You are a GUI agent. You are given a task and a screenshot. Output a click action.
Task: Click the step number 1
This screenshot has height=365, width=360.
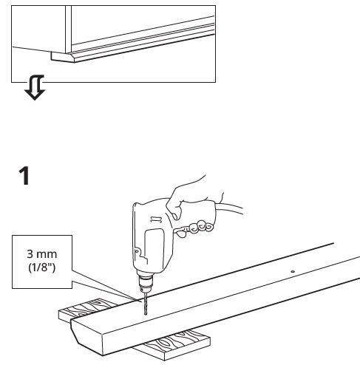click(x=24, y=176)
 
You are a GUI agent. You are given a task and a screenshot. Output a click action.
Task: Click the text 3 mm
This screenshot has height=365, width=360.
click(x=41, y=254)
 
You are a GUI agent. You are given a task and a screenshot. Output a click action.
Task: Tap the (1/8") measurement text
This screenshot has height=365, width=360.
click(x=41, y=267)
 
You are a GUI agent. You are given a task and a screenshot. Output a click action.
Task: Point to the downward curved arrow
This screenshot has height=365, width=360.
click(x=35, y=88)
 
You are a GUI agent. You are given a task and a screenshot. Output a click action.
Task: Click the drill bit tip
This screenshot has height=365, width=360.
click(x=146, y=314)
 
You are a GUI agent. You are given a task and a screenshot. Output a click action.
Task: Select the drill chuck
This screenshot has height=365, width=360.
click(x=146, y=282)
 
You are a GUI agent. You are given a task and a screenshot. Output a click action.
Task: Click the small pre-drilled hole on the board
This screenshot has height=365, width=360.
click(x=293, y=272)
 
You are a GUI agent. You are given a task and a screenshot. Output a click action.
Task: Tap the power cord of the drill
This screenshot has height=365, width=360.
click(x=230, y=208)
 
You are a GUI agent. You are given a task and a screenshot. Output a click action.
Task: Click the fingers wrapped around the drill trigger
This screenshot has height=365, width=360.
click(x=197, y=228)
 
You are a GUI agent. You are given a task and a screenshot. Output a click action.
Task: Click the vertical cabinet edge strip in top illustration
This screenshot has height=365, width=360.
click(x=68, y=29)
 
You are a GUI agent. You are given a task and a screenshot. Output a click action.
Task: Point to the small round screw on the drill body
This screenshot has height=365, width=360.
click(x=137, y=251)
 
